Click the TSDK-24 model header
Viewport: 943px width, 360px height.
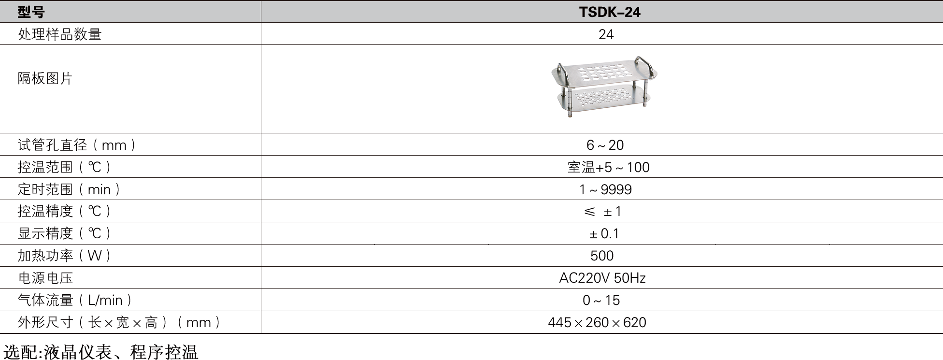pos(610,12)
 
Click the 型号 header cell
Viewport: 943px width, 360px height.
pos(31,12)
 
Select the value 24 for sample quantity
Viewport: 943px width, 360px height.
pos(606,34)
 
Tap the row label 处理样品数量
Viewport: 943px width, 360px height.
pos(60,34)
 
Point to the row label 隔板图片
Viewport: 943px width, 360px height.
pos(45,78)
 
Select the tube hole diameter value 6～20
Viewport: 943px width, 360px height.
pos(605,145)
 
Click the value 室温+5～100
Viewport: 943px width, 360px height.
pos(609,167)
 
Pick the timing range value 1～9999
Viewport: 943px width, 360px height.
pos(605,189)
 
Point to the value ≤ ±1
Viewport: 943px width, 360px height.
pos(602,212)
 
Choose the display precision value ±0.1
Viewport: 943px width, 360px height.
pos(604,234)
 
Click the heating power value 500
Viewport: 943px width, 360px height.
pos(602,256)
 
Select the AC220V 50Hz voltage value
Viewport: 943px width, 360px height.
pos(602,278)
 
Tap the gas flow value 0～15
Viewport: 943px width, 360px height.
pos(601,300)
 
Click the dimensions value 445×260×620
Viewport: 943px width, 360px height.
pos(597,322)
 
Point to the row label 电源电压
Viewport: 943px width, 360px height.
pos(45,278)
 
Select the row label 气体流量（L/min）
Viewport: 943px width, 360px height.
pos(75,300)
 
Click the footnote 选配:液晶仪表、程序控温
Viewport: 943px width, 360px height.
pos(101,352)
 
